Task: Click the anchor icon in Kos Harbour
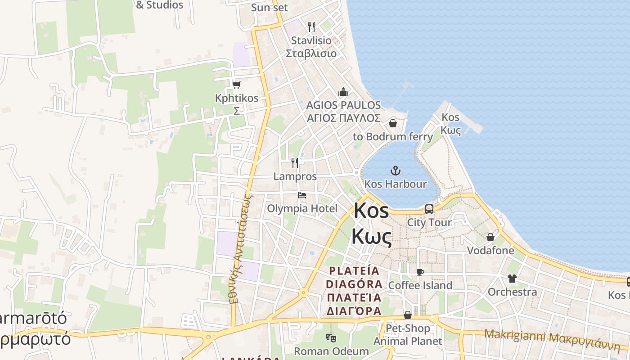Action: tap(395, 171)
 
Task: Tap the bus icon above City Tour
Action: tap(429, 209)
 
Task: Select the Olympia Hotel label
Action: tap(302, 208)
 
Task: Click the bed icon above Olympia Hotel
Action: tap(302, 195)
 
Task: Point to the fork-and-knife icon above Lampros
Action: tap(295, 162)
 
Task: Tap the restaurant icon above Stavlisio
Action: tap(311, 27)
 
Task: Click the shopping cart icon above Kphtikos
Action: tap(237, 85)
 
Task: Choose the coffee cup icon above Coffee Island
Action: tap(420, 272)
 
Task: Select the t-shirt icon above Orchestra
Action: tap(512, 279)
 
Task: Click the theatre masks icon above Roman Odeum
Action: tap(331, 337)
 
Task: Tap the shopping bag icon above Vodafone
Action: tap(490, 237)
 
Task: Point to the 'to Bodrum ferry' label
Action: tap(393, 136)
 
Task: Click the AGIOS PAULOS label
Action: tap(343, 105)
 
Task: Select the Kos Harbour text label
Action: tap(396, 184)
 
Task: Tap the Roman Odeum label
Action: tap(332, 351)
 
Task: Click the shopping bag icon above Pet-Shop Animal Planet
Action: tap(408, 315)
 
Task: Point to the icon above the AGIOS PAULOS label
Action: tap(343, 92)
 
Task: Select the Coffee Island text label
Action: tap(420, 285)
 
